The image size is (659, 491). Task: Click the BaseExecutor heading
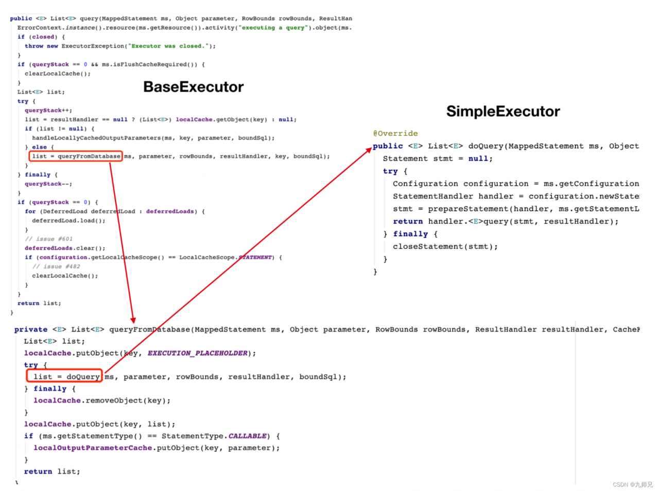(x=193, y=87)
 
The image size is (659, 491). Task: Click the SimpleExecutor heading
(x=503, y=112)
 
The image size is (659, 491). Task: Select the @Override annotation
(x=395, y=134)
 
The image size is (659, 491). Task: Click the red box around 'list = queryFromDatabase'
(x=76, y=156)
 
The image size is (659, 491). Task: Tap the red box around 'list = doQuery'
(x=65, y=377)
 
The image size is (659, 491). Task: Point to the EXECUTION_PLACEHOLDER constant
(x=198, y=353)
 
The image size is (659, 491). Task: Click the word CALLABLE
(x=247, y=436)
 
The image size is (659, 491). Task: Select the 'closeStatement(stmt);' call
(x=445, y=247)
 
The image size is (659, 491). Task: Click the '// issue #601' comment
(x=49, y=239)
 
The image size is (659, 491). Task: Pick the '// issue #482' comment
(x=56, y=267)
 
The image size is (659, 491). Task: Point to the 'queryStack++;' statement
(x=48, y=111)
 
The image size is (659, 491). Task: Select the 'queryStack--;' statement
(x=48, y=184)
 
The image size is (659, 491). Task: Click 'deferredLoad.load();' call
(x=68, y=221)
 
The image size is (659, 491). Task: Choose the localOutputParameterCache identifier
(x=93, y=448)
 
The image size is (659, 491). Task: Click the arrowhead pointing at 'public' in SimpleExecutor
(x=369, y=150)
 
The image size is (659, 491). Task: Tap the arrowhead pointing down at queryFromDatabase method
(x=133, y=320)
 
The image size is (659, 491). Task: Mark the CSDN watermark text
(x=632, y=484)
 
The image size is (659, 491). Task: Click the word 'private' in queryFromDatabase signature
(x=31, y=330)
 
